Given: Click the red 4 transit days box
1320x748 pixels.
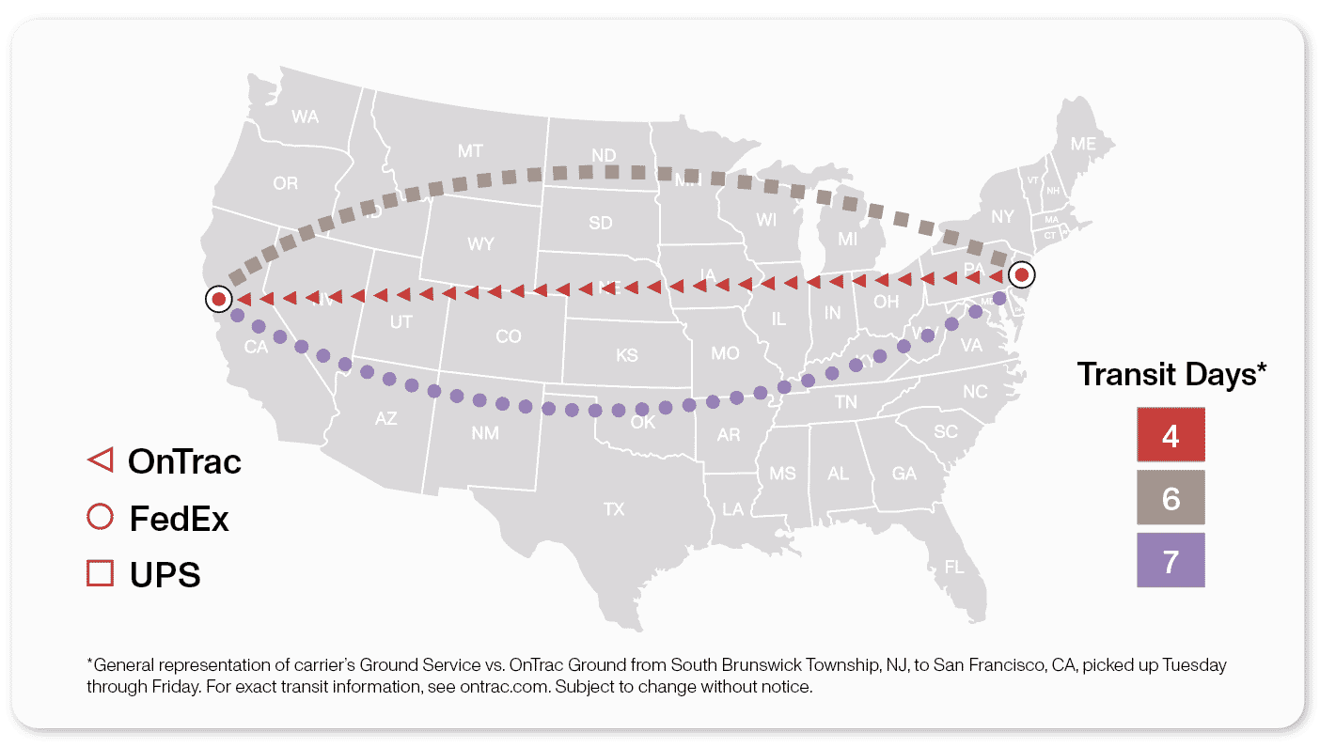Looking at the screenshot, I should (x=1170, y=434).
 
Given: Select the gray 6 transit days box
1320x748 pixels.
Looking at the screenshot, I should (x=1170, y=497).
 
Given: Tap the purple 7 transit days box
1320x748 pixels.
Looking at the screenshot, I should (x=1170, y=561).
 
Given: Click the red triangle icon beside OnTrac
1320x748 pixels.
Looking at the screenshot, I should (x=100, y=460).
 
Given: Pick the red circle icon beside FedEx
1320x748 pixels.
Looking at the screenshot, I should (x=100, y=518).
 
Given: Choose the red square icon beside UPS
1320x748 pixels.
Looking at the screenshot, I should (x=100, y=573).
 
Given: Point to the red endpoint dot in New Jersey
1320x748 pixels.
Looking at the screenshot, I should (x=1020, y=276).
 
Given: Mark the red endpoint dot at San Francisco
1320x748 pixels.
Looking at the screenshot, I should (x=218, y=299).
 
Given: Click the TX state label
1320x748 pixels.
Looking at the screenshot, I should (x=614, y=509).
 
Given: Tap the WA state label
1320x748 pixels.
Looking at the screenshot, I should (x=305, y=117).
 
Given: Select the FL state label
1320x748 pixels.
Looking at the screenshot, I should (x=954, y=567).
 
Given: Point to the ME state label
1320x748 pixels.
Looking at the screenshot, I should (x=1083, y=144).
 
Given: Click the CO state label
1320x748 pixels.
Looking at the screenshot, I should (x=508, y=336).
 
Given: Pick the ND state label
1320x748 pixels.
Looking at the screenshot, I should (x=604, y=154).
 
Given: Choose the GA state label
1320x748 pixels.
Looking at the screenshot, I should (x=904, y=474).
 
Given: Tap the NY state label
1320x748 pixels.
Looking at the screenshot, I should (x=1003, y=217).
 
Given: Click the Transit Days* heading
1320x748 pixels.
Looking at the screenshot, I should (x=1171, y=374).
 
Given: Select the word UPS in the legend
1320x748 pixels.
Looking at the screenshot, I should (x=165, y=574).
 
